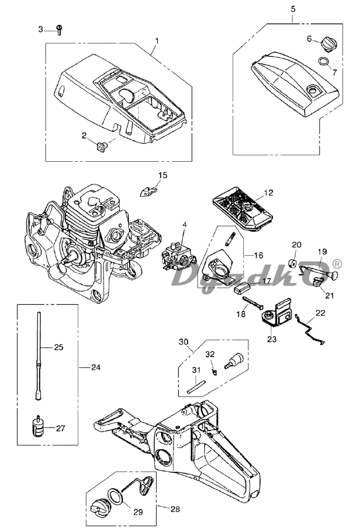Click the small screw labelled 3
59,30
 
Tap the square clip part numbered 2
101,147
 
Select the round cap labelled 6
328,44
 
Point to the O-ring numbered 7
324,62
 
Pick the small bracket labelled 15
149,191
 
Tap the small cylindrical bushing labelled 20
293,263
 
